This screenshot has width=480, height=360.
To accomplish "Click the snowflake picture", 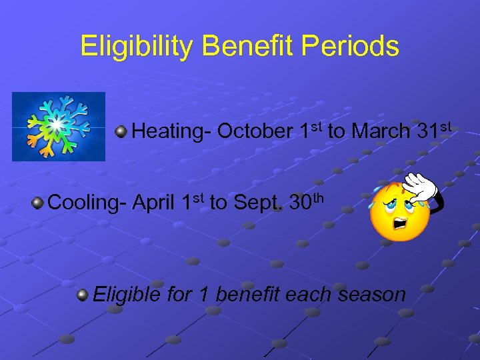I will [59, 127].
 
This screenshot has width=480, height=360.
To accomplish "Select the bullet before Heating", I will [121, 131].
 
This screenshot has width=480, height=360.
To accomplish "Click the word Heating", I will [172, 131].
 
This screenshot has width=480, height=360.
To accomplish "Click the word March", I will [381, 131].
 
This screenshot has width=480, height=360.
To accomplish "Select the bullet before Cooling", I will [39, 202].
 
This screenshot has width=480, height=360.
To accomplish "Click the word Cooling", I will [87, 201].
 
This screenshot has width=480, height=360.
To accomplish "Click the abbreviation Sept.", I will [257, 201].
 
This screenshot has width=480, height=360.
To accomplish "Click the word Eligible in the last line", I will [127, 294].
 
